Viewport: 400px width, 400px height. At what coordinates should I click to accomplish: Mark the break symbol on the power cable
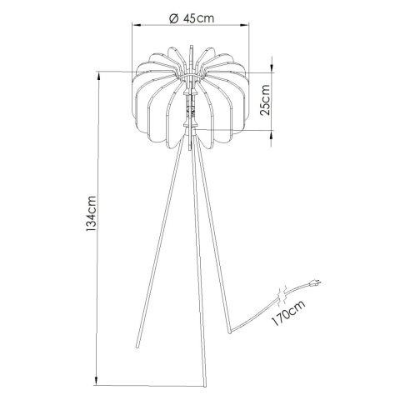coord(285,294)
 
